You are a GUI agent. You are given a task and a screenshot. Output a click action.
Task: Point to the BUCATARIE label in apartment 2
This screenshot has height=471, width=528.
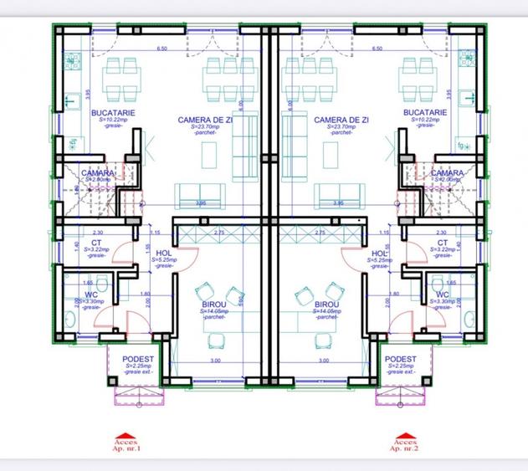(424, 112)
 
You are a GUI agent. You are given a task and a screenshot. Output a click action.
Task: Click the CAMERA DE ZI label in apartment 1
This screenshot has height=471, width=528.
(205, 120)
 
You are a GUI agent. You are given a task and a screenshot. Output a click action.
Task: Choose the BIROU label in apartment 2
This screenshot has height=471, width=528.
(326, 305)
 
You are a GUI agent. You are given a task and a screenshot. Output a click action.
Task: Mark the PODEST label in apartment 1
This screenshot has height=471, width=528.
(136, 360)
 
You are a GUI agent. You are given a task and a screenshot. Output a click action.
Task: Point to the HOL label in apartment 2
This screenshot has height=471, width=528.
(379, 253)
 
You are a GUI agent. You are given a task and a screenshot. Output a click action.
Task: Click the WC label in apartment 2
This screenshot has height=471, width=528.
(442, 294)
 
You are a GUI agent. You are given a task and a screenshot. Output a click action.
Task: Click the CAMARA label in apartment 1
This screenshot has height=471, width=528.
(98, 173)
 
